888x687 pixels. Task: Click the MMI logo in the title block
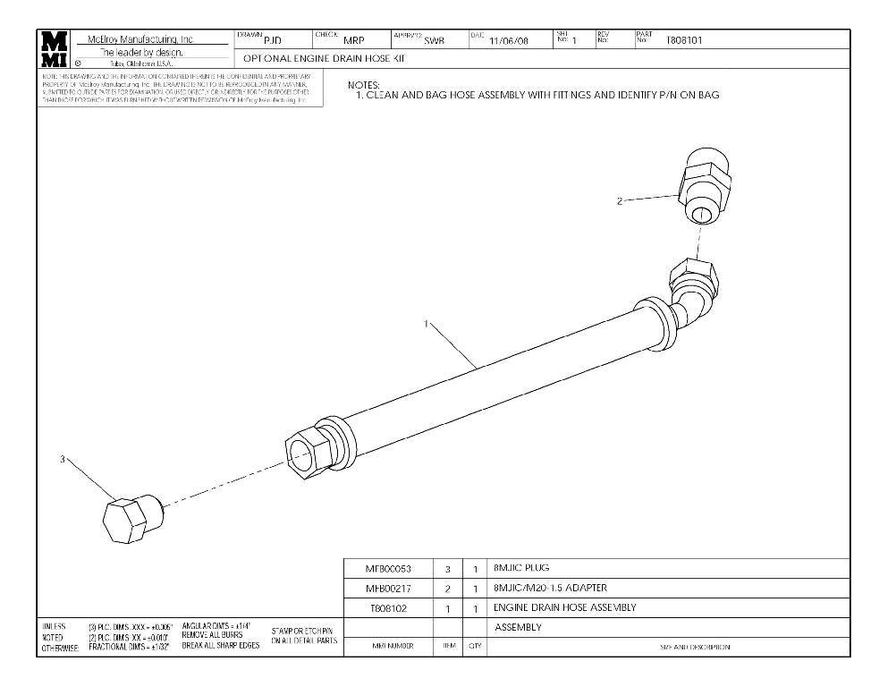click(53, 50)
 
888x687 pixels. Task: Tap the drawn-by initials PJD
click(273, 40)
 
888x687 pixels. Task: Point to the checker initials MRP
click(354, 40)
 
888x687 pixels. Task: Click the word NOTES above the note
click(363, 85)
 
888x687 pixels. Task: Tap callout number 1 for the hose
click(427, 324)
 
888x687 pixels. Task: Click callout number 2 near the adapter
click(620, 201)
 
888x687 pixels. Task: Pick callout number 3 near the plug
click(63, 459)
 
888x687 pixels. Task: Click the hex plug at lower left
click(125, 518)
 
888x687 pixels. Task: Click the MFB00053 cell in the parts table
click(389, 569)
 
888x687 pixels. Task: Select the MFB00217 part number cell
click(389, 589)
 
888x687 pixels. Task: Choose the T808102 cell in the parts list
click(389, 608)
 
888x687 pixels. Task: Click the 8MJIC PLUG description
click(521, 568)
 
